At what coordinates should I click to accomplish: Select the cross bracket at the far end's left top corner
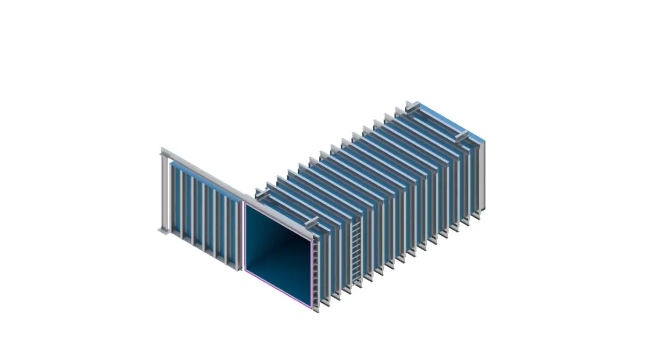coord(413,106)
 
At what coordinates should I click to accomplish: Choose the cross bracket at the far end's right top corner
coord(463,135)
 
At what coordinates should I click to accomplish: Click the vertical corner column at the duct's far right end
coord(482,177)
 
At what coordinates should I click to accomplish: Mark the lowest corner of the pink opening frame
coord(311,308)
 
